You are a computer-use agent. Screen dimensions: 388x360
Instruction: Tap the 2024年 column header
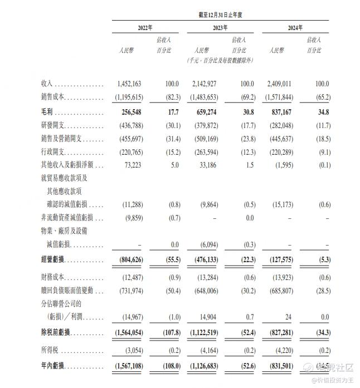tap(295, 27)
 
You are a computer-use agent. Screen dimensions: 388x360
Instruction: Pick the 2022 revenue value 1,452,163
tap(129, 84)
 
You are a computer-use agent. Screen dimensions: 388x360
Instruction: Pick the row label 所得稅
tap(50, 350)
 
